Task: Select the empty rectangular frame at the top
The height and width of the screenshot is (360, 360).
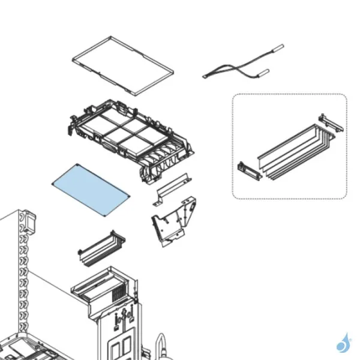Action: pos(124,65)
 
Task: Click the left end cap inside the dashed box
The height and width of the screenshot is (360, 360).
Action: pos(249,170)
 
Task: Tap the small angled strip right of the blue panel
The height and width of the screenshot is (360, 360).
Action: pos(173,187)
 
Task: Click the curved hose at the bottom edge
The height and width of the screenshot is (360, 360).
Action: pos(160,346)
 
